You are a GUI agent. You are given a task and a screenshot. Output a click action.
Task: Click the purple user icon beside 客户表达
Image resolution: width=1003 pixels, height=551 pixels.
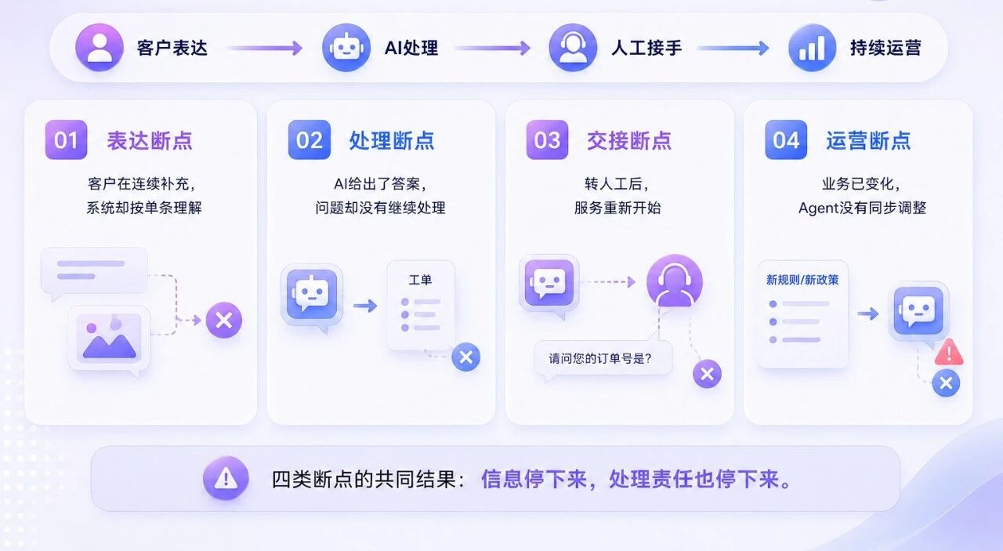(100, 48)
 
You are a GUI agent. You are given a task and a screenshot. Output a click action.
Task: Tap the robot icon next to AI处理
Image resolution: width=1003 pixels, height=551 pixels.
(346, 48)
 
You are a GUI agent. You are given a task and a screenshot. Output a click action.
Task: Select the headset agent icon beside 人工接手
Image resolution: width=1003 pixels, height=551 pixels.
(573, 48)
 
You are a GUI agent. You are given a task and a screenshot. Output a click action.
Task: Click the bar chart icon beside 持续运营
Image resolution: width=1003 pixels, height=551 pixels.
(813, 48)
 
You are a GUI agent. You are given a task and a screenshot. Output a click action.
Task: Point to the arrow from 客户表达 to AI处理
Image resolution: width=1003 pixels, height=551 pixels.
(265, 48)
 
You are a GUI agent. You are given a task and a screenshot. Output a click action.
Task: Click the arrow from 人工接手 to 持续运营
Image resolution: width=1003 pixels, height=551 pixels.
(733, 48)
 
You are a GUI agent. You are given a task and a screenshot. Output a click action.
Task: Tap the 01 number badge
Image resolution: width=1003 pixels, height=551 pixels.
(67, 140)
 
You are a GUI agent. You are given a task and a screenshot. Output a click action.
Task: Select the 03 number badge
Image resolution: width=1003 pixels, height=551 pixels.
(547, 140)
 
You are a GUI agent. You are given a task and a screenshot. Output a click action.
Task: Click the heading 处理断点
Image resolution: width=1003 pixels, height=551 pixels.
(392, 140)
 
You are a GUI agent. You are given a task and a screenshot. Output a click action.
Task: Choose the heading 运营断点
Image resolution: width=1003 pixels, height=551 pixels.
(869, 140)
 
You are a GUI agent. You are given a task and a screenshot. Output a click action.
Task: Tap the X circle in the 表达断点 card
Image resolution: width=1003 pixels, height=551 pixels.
(224, 321)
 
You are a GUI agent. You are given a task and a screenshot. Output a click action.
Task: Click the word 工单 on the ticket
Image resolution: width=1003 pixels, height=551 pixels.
(420, 280)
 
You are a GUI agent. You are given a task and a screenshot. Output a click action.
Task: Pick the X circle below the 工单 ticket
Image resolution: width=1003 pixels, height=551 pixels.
(466, 357)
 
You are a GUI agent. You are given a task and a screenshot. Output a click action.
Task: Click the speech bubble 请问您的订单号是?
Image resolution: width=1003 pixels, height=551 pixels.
(603, 358)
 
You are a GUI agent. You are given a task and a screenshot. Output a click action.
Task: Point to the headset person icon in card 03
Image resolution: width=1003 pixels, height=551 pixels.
(675, 281)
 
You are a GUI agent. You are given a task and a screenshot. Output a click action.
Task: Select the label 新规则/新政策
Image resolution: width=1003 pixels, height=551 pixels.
(802, 280)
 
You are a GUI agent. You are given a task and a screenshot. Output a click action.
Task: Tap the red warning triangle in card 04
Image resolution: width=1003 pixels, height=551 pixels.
(949, 352)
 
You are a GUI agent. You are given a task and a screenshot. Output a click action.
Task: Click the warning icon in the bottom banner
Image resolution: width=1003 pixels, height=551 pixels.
(226, 478)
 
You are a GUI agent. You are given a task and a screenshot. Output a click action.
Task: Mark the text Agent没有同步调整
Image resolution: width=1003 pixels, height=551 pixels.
(863, 208)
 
